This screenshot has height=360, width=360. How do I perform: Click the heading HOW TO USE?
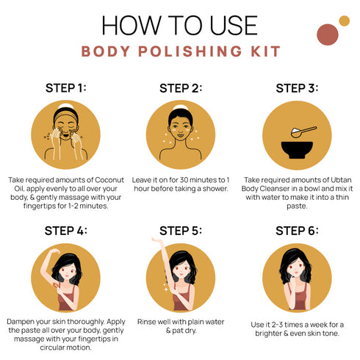tap(180, 24)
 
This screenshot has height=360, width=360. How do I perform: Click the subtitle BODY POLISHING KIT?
tap(180, 51)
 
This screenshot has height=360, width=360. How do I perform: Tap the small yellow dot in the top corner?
tap(343, 21)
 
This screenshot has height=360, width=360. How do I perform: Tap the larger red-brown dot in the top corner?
tap(327, 34)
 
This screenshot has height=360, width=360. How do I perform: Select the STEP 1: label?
tap(66, 87)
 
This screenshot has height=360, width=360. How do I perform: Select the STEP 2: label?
tap(181, 88)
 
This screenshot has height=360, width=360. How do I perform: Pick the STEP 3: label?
tap(297, 88)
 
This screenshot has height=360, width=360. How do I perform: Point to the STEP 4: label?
tap(66, 230)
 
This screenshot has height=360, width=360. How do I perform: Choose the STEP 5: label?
tap(181, 230)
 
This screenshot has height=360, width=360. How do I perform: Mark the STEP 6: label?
tap(297, 230)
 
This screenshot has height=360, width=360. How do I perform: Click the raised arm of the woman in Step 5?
tap(162, 253)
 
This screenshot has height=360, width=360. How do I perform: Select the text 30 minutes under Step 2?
tap(191, 179)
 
